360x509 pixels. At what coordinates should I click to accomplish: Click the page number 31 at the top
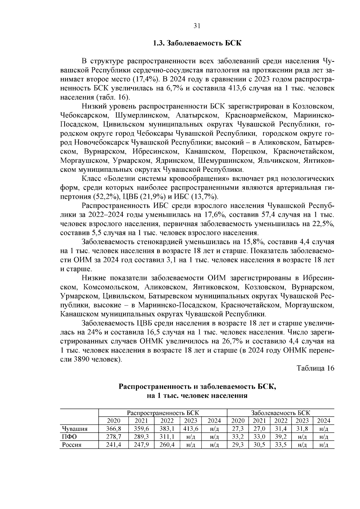196,26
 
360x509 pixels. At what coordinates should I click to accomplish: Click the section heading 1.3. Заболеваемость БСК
197,43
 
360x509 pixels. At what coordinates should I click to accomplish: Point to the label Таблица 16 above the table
315,368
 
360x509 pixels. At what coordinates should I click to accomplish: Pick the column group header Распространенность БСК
163,413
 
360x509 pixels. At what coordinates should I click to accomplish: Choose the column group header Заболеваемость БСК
280,413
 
